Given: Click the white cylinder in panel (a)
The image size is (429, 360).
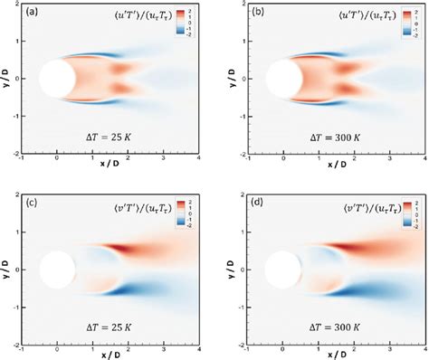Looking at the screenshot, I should coord(57,78).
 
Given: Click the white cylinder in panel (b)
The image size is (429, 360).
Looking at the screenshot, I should coord(281,78).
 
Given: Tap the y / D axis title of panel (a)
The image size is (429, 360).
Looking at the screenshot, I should coord(6,79).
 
